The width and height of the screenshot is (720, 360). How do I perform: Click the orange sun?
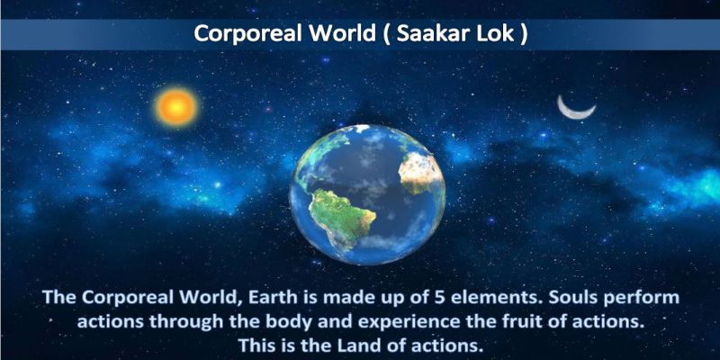click(176, 107)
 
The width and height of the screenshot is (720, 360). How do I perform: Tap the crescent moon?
click(575, 110)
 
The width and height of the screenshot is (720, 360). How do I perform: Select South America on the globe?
click(341, 217)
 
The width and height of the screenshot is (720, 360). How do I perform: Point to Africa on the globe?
click(419, 174)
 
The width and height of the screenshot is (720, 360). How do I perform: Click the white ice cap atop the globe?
click(363, 128)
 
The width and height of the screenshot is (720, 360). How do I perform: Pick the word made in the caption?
click(346, 298)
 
